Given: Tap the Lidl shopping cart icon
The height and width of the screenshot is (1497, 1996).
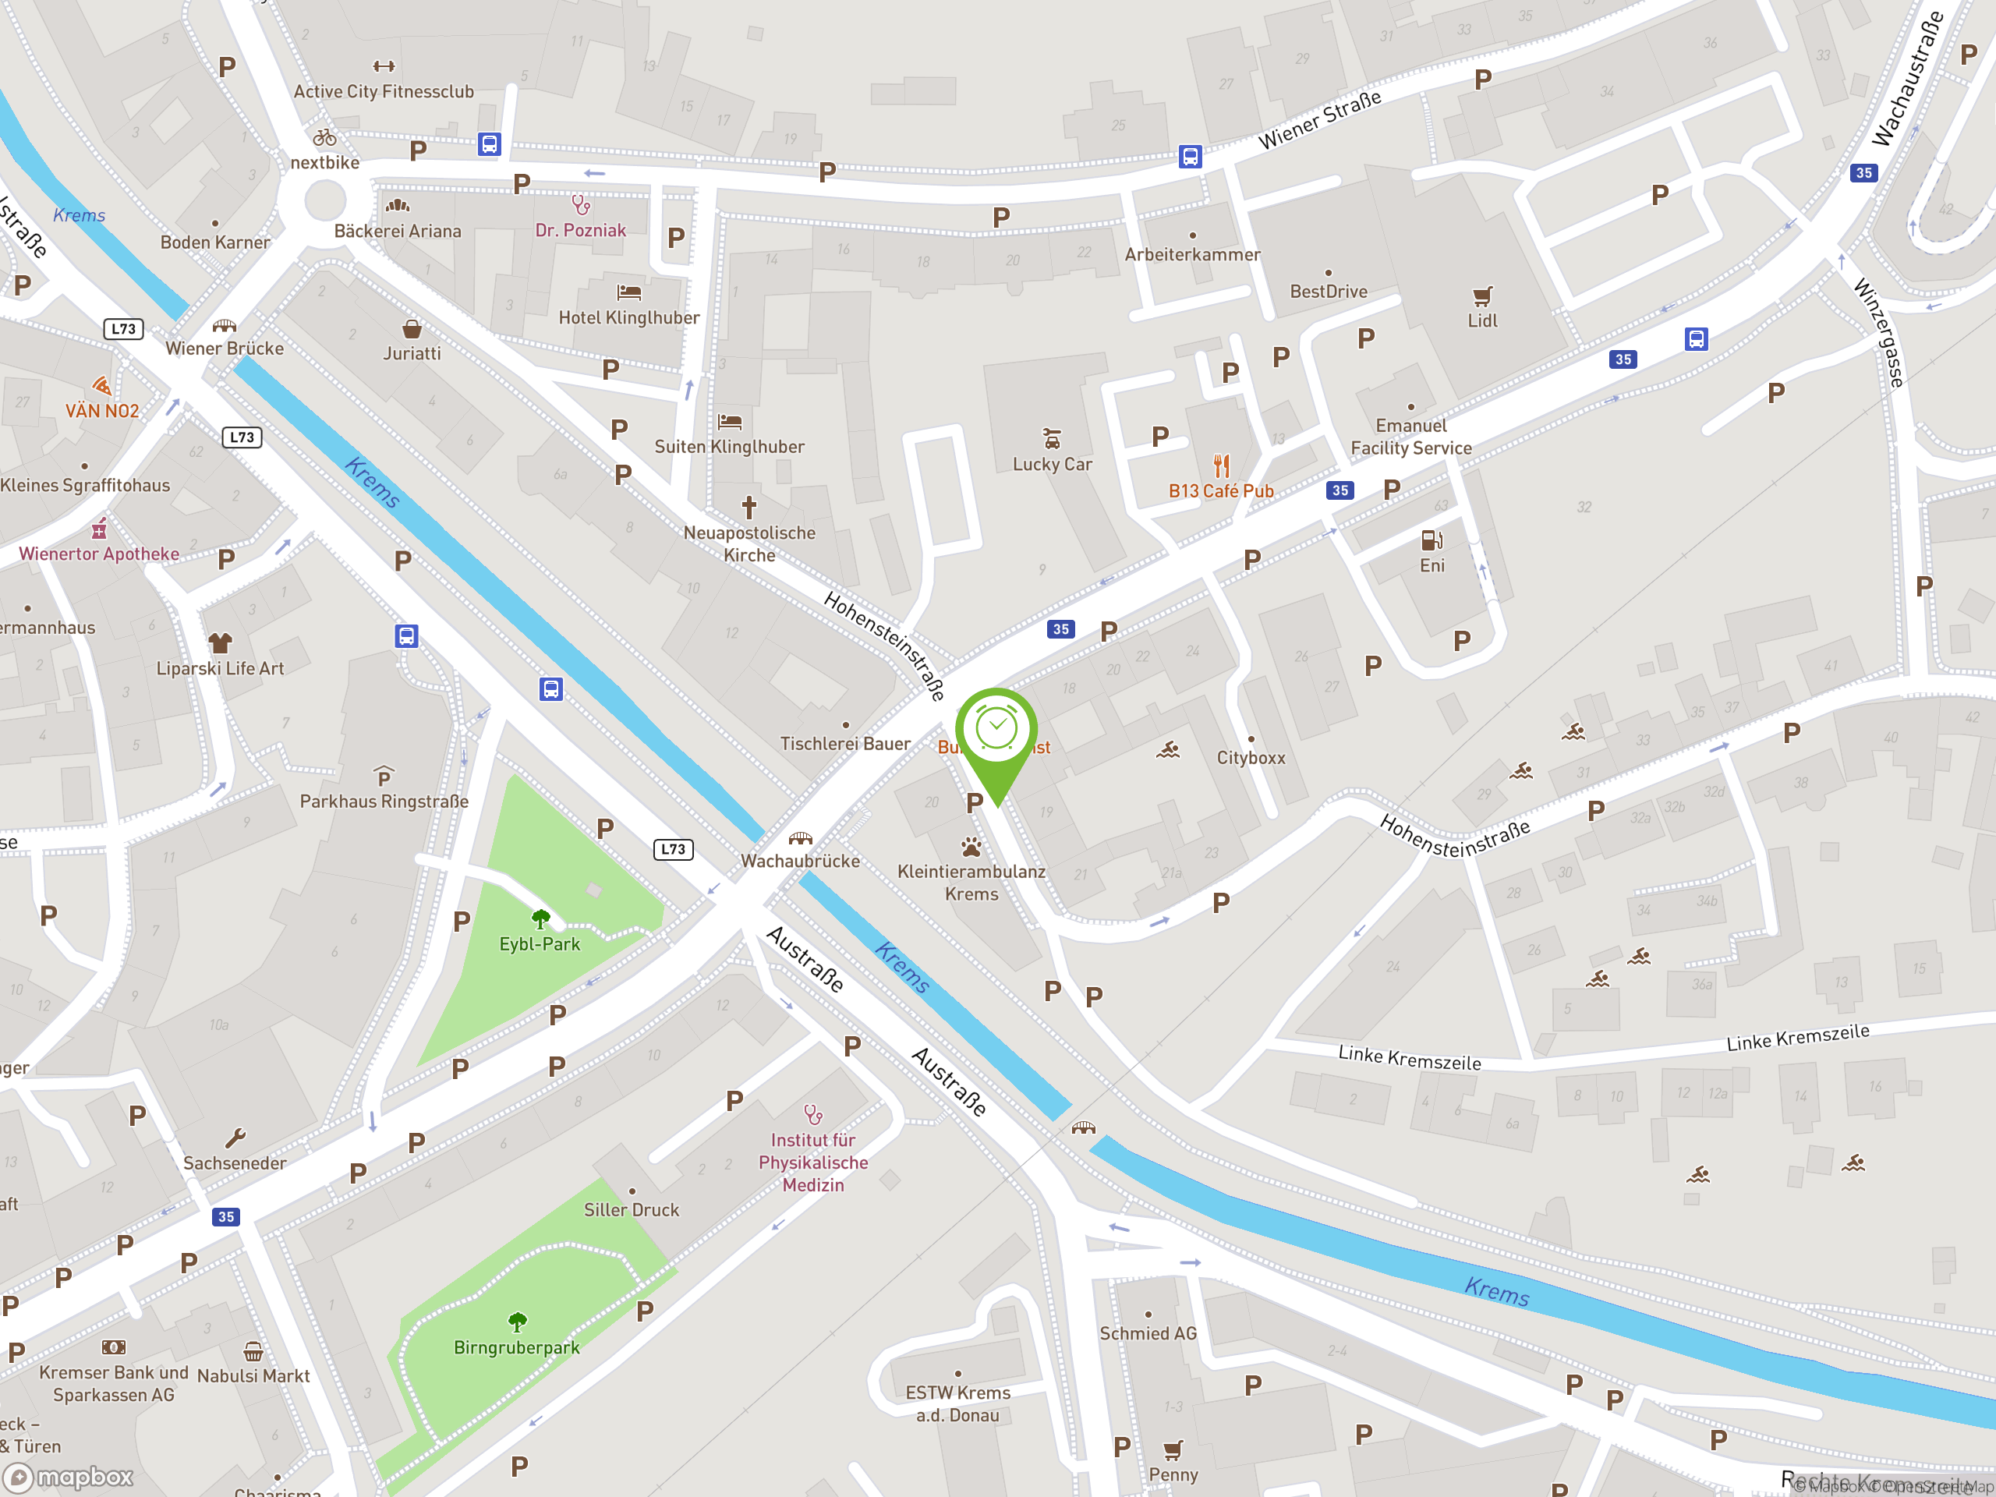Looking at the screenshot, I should tap(1481, 296).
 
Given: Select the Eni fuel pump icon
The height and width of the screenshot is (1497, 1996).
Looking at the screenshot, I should tap(1432, 540).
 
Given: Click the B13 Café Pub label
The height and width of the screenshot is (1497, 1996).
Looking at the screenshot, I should tap(1221, 491).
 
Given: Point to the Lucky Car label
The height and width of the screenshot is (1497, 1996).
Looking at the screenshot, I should tap(1052, 465).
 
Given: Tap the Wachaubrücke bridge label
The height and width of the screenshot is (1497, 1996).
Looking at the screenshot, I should tap(801, 861).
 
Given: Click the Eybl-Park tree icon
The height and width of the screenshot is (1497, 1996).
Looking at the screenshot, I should tap(540, 919).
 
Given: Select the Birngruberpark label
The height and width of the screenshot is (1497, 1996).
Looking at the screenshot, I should tap(516, 1347).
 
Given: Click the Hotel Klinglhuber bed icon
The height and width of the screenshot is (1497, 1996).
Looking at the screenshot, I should tap(629, 292).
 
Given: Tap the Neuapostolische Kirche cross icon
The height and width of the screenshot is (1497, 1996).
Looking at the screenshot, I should tap(749, 507).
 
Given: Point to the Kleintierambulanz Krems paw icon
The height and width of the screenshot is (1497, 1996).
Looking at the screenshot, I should tap(971, 848).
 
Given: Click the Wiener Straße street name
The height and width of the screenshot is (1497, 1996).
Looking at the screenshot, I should tap(1319, 120).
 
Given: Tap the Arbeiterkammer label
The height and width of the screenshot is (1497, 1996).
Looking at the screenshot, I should tap(1192, 254).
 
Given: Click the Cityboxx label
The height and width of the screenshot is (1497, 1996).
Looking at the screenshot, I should tap(1251, 758).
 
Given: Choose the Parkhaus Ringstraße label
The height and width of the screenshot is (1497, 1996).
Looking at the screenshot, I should tap(384, 802).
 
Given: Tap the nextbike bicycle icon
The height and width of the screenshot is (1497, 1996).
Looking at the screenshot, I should tap(325, 138).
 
